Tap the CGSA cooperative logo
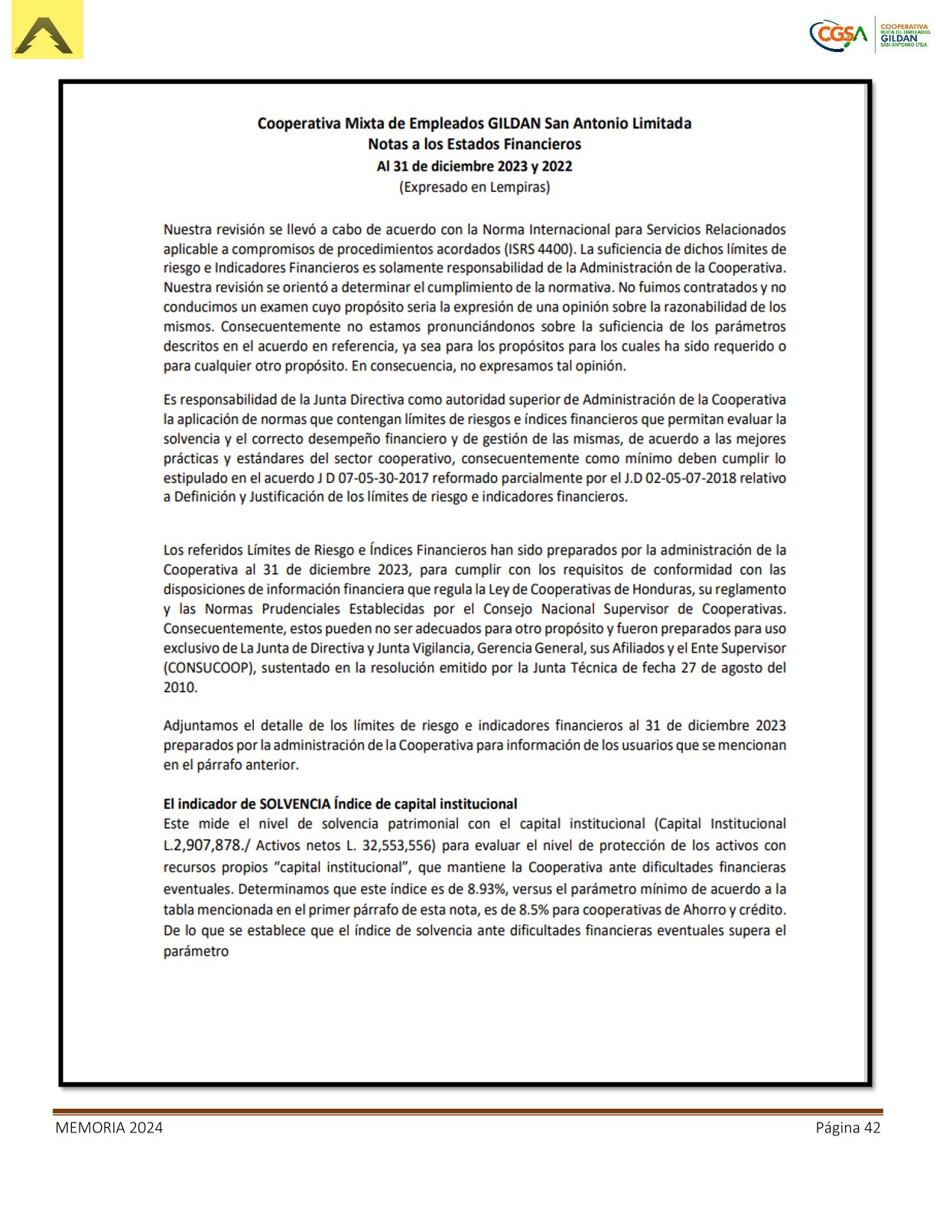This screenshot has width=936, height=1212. pos(870,34)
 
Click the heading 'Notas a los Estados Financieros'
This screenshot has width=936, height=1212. pos(474,144)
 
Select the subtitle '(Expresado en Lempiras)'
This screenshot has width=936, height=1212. pos(474,187)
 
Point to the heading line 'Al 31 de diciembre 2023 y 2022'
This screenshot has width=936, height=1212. pos(474,166)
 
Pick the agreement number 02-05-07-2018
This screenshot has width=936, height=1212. pos(684,478)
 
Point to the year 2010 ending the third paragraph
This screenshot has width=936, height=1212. pos(180,687)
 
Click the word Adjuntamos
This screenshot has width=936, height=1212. pos(200,725)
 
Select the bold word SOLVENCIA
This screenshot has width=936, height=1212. pos(295,804)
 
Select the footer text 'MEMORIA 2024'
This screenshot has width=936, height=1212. pos(109,1127)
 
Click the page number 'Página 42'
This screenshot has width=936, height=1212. pos(847,1127)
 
